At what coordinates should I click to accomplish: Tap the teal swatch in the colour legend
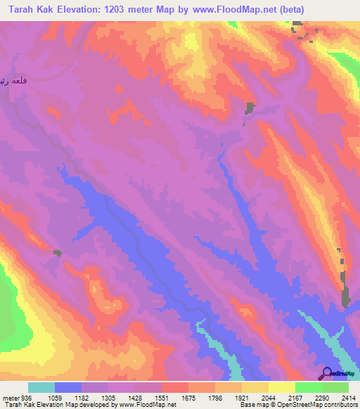(41, 387)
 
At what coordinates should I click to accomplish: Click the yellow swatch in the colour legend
(281, 387)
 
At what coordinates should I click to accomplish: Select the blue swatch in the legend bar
(68, 387)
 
